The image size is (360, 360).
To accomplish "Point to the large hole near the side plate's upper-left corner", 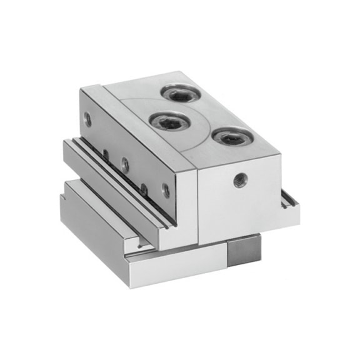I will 87,117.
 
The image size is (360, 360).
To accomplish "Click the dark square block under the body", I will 244,249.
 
